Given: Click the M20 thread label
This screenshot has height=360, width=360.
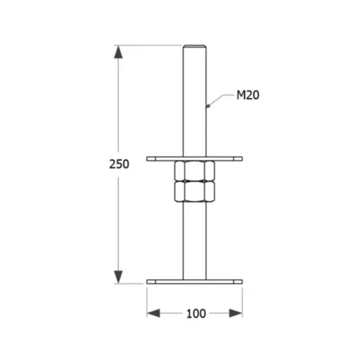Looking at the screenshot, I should [x=248, y=95].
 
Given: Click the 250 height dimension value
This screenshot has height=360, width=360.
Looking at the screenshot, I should [x=119, y=164].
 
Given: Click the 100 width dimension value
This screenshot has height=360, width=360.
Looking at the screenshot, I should [x=196, y=314].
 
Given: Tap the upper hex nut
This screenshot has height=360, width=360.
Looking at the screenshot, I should [x=195, y=171].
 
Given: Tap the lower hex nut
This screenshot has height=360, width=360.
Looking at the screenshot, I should [x=195, y=192].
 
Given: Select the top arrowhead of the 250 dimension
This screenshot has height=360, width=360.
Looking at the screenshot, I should [x=118, y=52].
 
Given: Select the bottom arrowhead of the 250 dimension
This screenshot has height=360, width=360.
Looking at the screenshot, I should [x=118, y=277].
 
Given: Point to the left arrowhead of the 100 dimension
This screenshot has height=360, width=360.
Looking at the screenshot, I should [x=153, y=313].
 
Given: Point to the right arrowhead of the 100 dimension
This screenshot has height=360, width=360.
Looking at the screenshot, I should [x=236, y=313].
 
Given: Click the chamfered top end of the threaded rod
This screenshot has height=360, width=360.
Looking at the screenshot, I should [x=195, y=46].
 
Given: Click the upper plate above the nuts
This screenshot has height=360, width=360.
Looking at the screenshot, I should [x=195, y=159].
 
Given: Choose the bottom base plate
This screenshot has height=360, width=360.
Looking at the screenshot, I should [x=195, y=282].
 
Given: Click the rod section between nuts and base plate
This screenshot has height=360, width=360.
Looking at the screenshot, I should [x=195, y=240].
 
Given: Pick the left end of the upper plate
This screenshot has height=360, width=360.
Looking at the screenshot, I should [x=151, y=159].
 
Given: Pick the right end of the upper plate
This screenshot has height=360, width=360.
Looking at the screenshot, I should [x=238, y=159].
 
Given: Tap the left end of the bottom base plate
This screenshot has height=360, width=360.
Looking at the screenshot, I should [x=151, y=282].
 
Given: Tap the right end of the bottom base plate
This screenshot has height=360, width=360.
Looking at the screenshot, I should [x=238, y=282].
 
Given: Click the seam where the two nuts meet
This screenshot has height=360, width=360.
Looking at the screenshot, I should [x=195, y=181].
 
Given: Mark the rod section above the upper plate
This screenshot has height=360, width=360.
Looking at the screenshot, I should [x=195, y=100].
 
